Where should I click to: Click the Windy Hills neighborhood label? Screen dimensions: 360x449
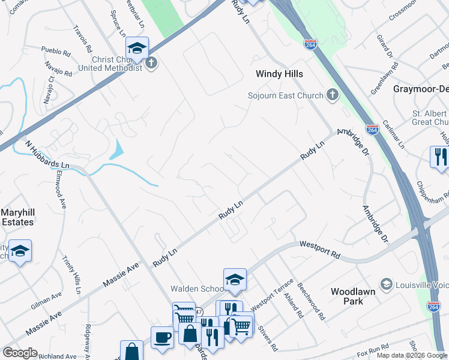279,74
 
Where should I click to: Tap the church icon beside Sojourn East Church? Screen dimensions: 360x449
333,95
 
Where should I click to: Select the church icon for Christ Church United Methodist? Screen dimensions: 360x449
151,63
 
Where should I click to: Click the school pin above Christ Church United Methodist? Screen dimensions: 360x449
137,49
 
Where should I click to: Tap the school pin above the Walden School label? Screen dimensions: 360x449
235,279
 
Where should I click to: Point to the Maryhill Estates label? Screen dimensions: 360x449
17,217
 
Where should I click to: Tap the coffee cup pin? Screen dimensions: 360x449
162,338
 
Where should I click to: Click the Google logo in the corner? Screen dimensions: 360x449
20,353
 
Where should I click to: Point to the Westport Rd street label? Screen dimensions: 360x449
319,250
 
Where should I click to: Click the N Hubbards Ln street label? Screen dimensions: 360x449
48,154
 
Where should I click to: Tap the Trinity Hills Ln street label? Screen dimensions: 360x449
71,274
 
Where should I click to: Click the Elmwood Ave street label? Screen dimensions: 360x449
61,191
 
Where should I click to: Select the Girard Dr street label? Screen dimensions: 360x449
384,46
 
